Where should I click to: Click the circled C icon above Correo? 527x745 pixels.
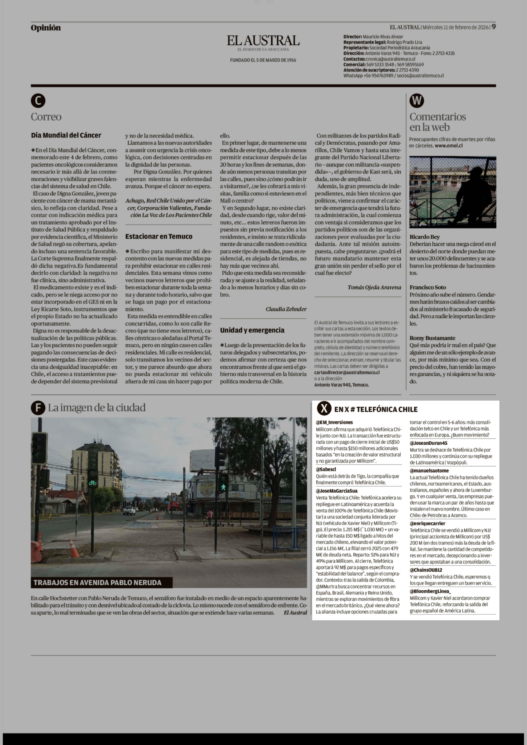[38, 101]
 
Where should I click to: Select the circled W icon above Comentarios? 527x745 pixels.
[417, 101]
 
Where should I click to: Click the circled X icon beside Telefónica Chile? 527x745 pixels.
[324, 409]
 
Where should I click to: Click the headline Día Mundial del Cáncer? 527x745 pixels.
[66, 135]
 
